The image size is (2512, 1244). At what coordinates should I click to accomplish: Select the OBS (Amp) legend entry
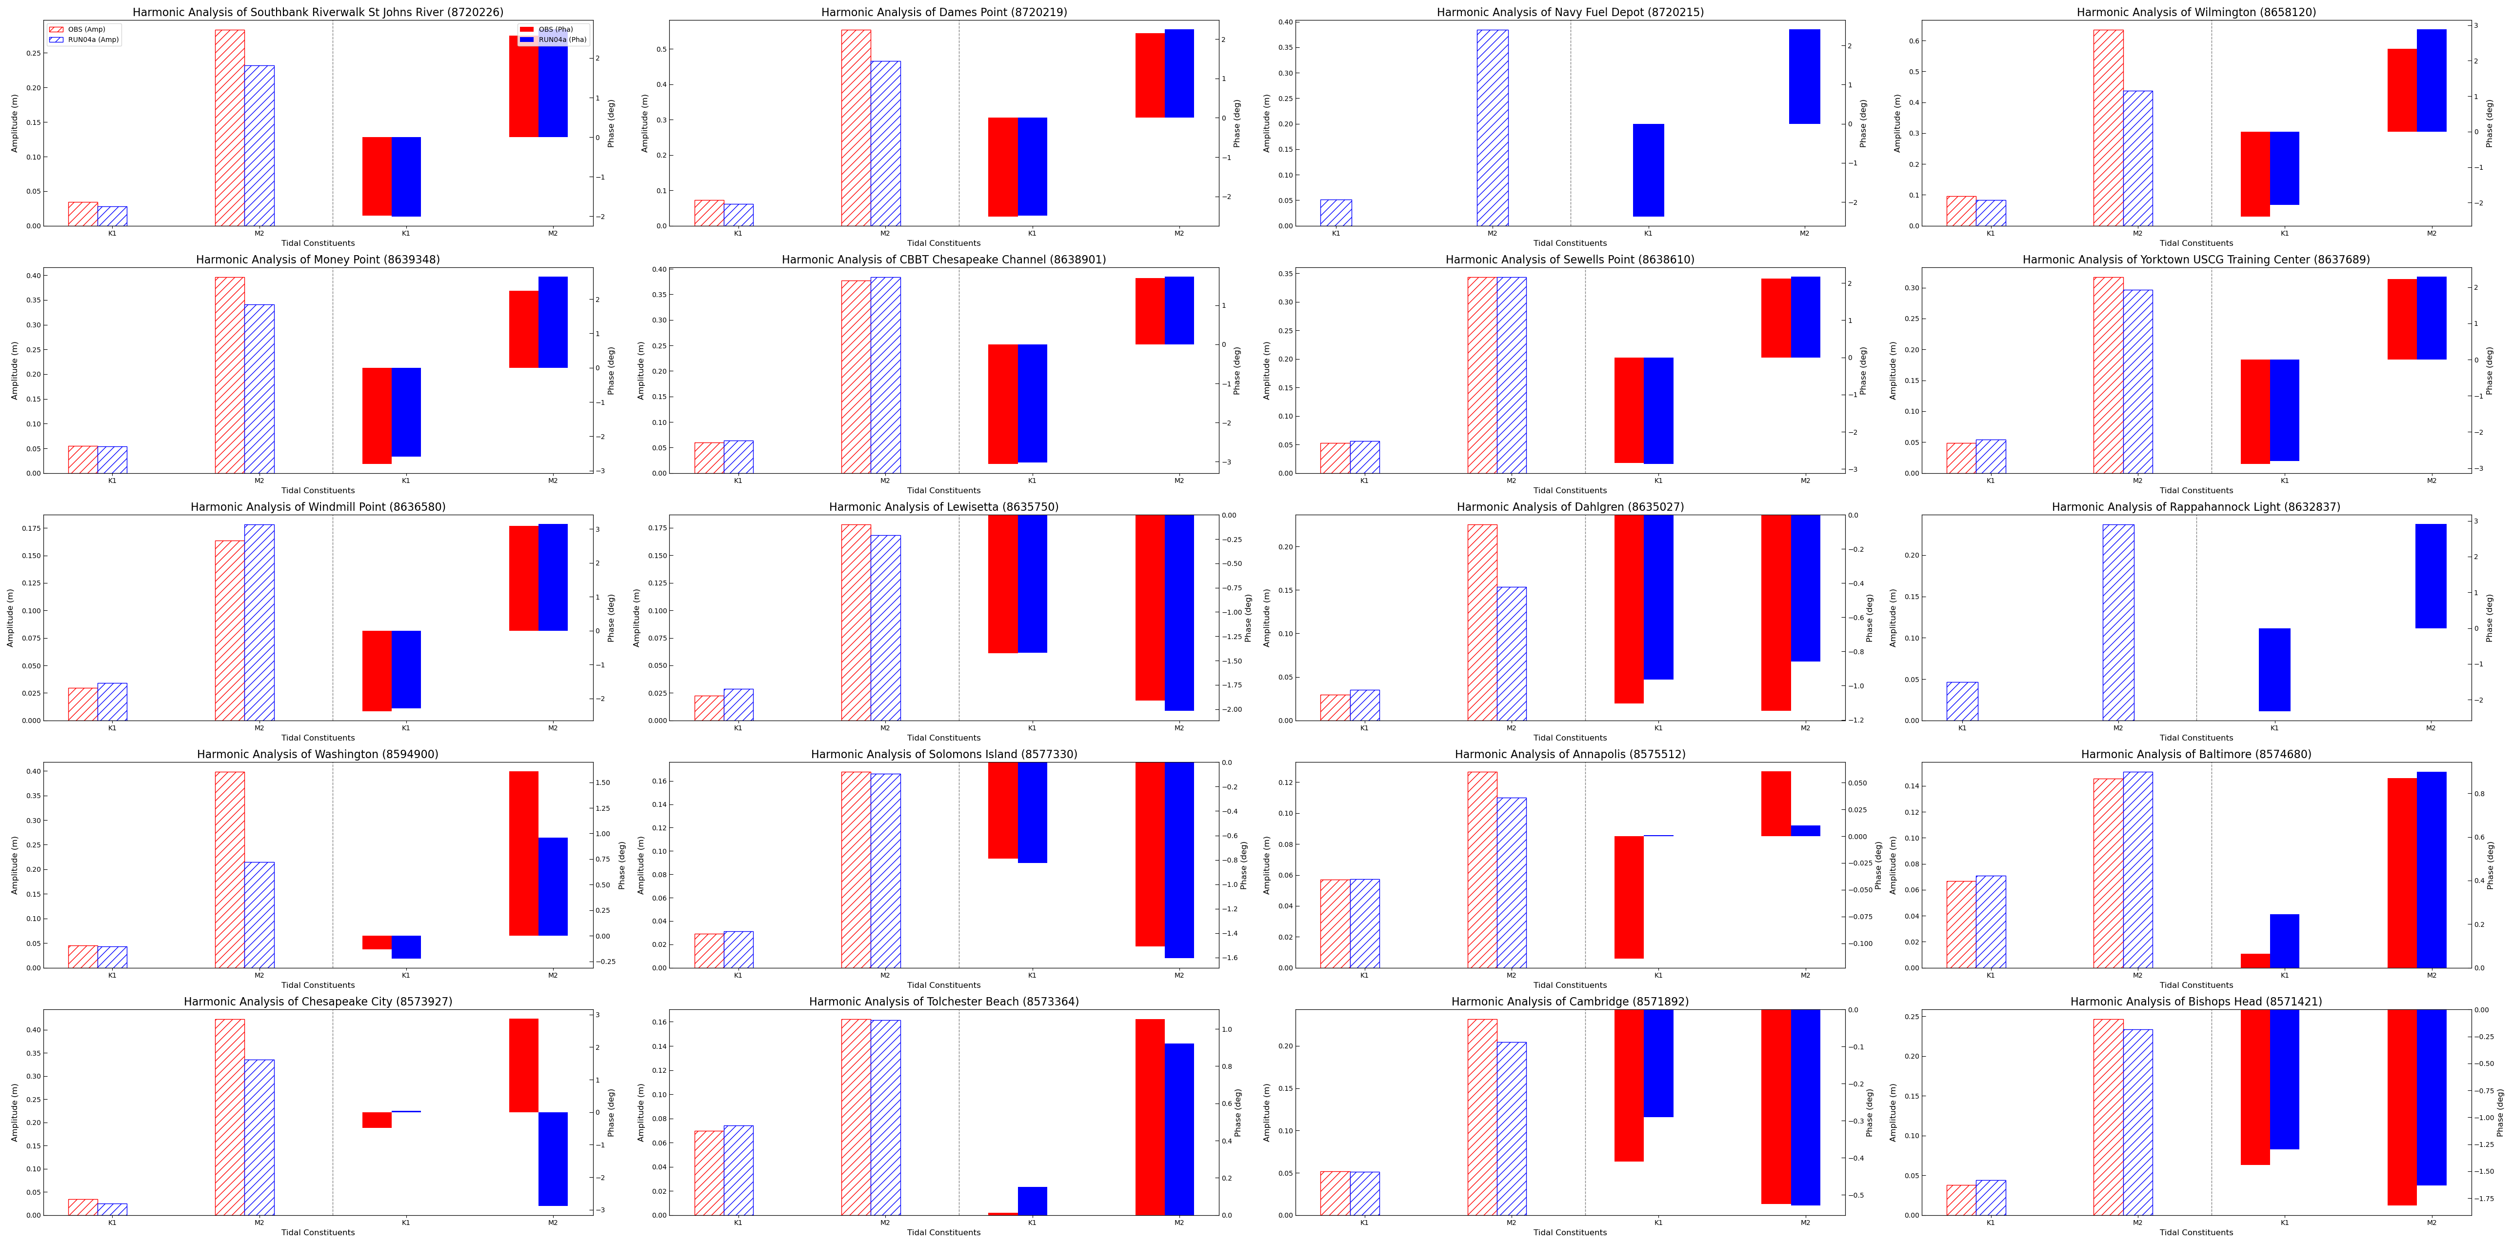click(86, 29)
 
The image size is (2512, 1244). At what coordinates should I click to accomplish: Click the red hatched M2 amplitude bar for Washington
click(230, 868)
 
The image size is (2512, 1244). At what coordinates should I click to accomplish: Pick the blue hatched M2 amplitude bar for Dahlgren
click(1512, 654)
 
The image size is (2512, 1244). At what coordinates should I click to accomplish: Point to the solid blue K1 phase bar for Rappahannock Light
click(2274, 669)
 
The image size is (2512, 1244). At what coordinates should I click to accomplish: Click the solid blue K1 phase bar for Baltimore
click(2284, 941)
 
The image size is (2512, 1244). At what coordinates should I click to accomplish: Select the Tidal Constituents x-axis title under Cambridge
click(1570, 1232)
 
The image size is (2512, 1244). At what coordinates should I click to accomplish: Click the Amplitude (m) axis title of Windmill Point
click(11, 618)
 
